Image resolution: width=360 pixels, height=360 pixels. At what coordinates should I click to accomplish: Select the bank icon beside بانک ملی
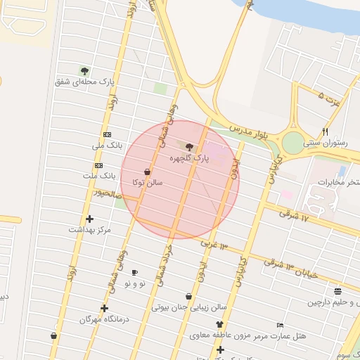click(x=107, y=134)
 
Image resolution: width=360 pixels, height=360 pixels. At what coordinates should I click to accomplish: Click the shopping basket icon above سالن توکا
click(x=147, y=171)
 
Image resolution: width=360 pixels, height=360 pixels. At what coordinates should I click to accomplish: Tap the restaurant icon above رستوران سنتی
click(x=325, y=131)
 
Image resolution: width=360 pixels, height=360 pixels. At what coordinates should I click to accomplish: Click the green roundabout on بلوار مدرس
click(x=292, y=143)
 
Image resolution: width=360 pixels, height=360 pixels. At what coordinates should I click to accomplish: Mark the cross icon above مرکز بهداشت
click(x=89, y=219)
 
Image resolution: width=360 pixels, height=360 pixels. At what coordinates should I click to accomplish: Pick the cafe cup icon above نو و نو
click(x=134, y=272)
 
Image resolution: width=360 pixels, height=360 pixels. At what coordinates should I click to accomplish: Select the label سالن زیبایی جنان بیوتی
click(x=190, y=307)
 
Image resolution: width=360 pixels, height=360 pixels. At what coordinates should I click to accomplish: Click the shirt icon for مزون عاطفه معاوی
click(x=219, y=325)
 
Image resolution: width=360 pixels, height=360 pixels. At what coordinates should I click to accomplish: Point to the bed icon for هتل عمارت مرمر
click(x=281, y=326)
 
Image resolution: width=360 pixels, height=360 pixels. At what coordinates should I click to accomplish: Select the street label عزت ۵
click(x=329, y=99)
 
